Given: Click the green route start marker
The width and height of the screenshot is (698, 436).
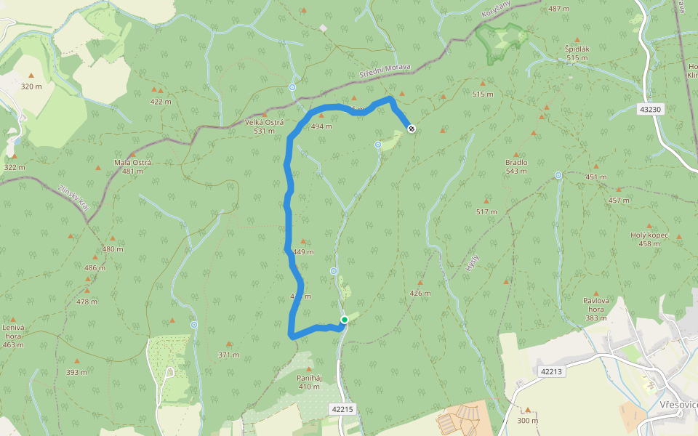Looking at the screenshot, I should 344,320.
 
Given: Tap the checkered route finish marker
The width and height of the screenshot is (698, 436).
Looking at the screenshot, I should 412,129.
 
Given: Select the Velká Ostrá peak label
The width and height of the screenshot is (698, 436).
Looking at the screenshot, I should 264,126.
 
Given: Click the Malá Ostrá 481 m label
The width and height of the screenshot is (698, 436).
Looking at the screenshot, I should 133,166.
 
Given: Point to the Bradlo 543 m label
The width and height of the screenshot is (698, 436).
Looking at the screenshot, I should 516,167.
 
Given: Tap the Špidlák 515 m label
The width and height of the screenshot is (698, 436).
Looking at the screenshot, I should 577,53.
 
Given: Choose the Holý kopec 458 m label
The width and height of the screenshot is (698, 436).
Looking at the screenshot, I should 649,239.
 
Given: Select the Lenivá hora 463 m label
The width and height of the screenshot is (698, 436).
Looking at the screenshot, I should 13,336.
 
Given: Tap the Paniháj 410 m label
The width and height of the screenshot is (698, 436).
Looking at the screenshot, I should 308,381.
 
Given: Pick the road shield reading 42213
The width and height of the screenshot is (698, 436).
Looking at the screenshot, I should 552,371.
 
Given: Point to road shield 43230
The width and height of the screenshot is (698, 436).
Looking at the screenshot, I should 651,109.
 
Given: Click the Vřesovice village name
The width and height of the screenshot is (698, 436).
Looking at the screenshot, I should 679,404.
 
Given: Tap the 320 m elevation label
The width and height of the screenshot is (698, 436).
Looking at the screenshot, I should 31,86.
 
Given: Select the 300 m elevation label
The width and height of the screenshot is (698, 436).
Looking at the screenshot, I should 528,420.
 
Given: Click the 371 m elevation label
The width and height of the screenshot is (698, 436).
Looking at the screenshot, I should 228,355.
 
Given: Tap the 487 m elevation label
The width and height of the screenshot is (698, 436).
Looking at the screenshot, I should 558,9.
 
